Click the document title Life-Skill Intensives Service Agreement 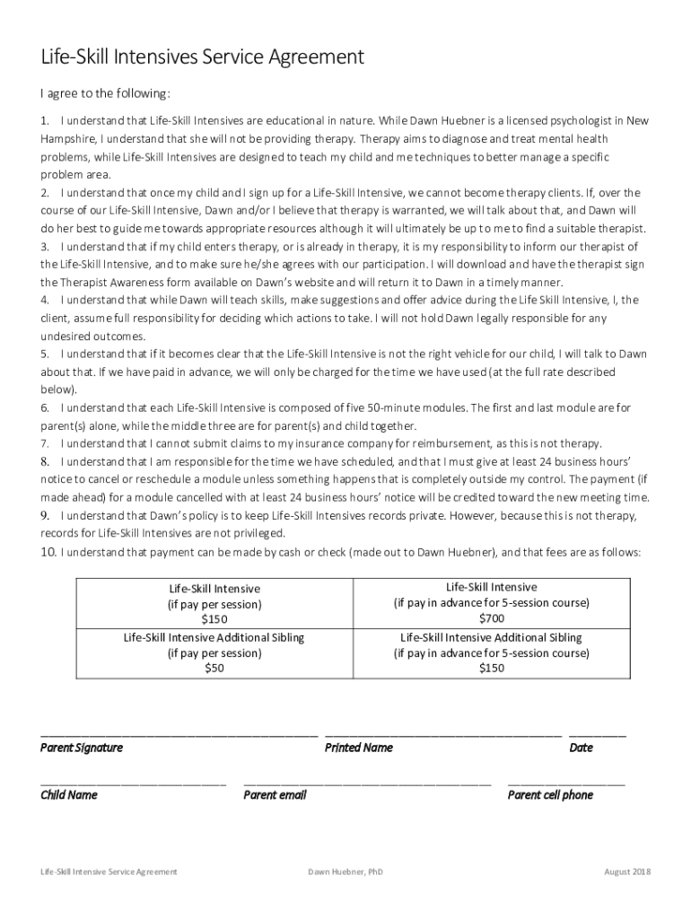pos(202,57)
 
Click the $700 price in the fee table pos(491,618)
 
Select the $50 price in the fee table pos(214,669)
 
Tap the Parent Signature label pos(82,748)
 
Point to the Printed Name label pos(358,748)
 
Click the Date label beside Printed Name pos(581,748)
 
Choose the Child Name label pos(69,795)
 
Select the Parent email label pos(275,795)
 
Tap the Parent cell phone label pos(550,795)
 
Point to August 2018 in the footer pos(627,871)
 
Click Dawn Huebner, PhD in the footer pos(345,871)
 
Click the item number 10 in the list pos(48,552)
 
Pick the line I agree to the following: pos(106,93)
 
